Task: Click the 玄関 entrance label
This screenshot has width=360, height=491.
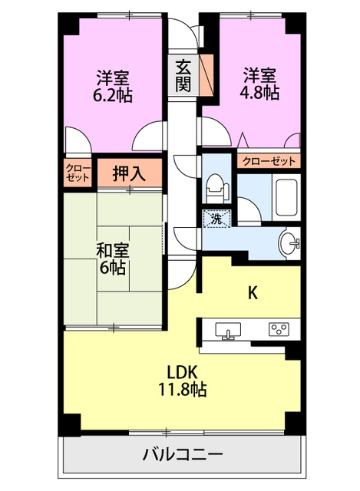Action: coord(183,74)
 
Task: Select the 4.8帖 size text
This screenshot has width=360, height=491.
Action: coord(260,92)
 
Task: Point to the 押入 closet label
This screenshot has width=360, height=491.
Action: coord(129,173)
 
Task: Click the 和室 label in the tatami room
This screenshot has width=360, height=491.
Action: coord(112,251)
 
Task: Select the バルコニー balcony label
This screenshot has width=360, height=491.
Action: coord(182,453)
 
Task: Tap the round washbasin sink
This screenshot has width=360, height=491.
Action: coord(290,243)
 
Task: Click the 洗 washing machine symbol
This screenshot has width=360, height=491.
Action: coord(216,219)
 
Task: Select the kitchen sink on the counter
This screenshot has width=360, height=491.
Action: coord(226,331)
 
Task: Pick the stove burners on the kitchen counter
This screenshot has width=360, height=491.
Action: coord(277,330)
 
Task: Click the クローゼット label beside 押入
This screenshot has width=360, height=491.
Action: coord(77,173)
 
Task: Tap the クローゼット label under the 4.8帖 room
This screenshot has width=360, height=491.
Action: coord(269,161)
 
